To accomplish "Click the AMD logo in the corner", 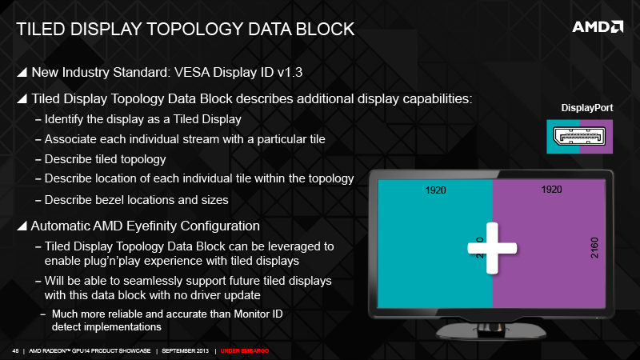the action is pyautogui.click(x=598, y=27).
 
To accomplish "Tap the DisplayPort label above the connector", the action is pyautogui.click(x=587, y=108).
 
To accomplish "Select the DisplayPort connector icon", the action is pyautogui.click(x=579, y=136).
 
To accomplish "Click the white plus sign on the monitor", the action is pyautogui.click(x=492, y=248).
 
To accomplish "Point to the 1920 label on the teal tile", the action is pyautogui.click(x=435, y=190).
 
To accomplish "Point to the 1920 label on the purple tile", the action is pyautogui.click(x=551, y=190).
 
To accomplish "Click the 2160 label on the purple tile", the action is pyautogui.click(x=594, y=248).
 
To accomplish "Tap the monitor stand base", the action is pyautogui.click(x=491, y=332).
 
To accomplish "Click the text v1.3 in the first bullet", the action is pyautogui.click(x=290, y=72).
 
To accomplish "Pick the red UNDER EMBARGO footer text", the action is pyautogui.click(x=245, y=351).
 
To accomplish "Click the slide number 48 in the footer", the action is pyautogui.click(x=15, y=351).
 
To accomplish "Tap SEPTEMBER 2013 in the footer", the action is pyautogui.click(x=186, y=351).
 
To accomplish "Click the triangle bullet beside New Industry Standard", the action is pyautogui.click(x=22, y=72).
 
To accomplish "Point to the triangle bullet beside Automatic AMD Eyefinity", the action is pyautogui.click(x=22, y=226).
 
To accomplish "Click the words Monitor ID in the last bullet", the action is pyautogui.click(x=258, y=314).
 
